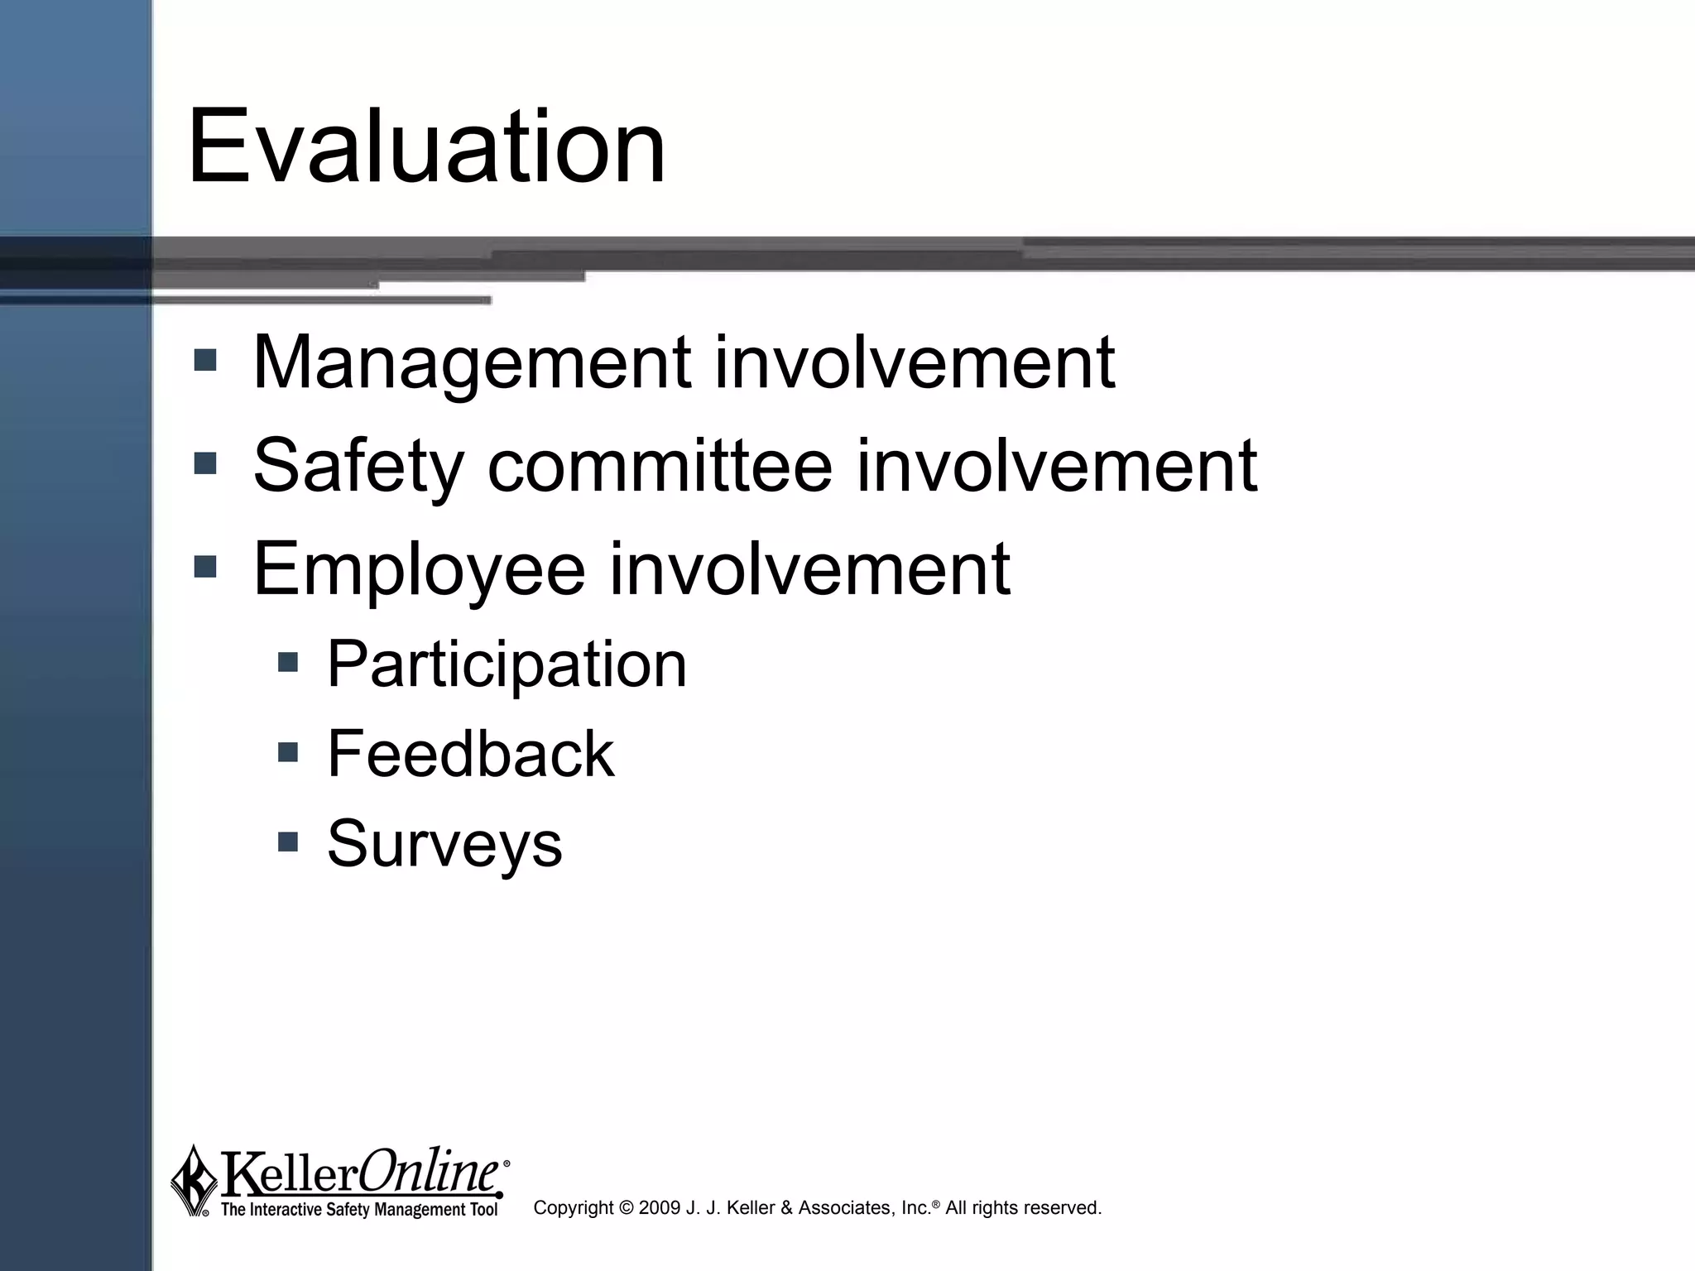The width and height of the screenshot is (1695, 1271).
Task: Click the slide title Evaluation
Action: pos(426,147)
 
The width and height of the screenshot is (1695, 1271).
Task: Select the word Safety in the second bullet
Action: pos(358,466)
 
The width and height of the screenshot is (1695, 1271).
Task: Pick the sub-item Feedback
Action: pos(470,754)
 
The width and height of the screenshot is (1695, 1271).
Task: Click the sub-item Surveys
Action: pos(444,844)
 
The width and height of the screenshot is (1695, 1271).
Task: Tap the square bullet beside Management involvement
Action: pos(204,360)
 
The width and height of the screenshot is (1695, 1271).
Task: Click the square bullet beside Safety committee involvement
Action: pos(204,463)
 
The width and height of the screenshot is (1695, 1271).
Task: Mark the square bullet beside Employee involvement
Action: pos(204,567)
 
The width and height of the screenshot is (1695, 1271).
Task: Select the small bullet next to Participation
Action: pos(287,662)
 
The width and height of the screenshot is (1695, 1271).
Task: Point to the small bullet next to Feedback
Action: pos(287,752)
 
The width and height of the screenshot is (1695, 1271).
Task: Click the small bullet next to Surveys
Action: pos(287,842)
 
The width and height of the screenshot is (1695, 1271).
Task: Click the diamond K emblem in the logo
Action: pos(194,1180)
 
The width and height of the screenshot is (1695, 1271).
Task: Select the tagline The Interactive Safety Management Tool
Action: pos(359,1210)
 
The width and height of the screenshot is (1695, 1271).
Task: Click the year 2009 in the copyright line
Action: pos(660,1208)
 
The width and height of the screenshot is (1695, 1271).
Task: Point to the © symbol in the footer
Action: pos(626,1208)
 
